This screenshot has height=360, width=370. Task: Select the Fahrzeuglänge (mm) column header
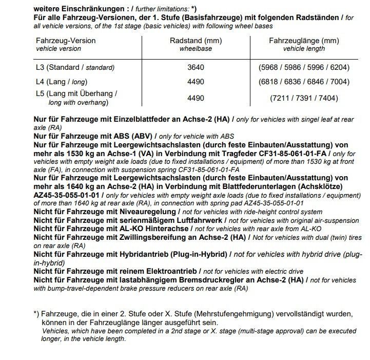click(304, 41)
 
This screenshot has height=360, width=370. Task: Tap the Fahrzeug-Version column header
click(66, 41)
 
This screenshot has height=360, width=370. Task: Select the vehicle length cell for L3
click(304, 67)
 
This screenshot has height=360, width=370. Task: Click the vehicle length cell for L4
click(304, 81)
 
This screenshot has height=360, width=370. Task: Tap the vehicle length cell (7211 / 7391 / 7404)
click(304, 98)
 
